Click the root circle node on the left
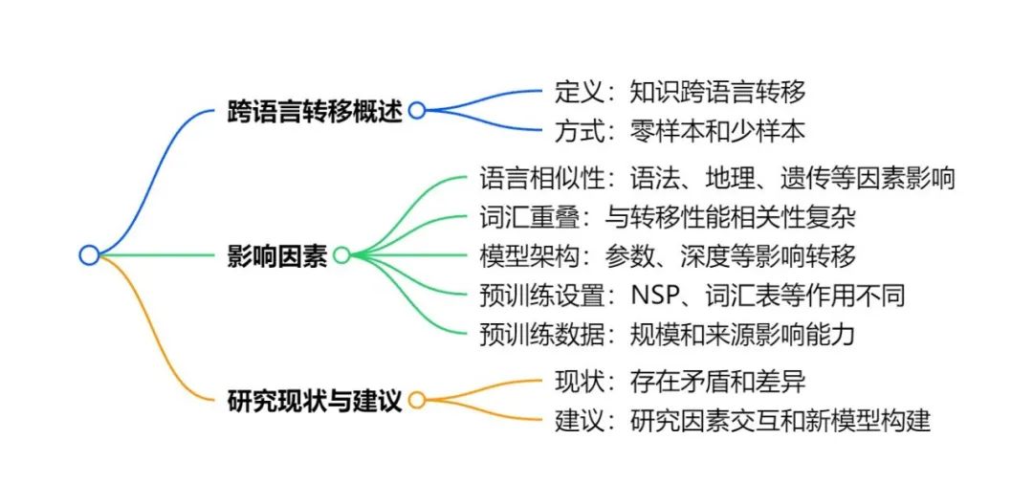tap(89, 255)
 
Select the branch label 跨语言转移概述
tap(315, 111)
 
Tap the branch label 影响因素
tap(276, 255)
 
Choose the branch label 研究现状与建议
tap(315, 400)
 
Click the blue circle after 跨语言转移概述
tap(416, 111)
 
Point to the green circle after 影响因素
tap(341, 255)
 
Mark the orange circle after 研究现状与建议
tap(416, 400)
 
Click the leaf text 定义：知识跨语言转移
tap(680, 91)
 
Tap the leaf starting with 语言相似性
tap(716, 178)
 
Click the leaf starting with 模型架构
tap(667, 256)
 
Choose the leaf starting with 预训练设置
tap(692, 296)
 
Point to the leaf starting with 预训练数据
tap(667, 335)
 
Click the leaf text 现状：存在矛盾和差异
tap(680, 382)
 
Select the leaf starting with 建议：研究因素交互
tap(742, 421)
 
